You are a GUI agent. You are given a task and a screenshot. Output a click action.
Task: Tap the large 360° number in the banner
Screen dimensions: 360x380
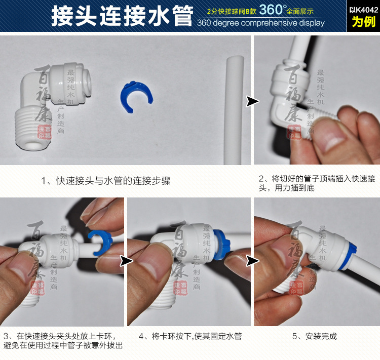271,10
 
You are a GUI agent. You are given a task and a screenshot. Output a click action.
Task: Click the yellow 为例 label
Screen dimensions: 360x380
364,21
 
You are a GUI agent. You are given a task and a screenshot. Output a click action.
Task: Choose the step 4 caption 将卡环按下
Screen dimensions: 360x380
190,336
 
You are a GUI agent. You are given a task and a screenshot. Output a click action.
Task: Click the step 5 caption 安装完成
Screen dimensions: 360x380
314,336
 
